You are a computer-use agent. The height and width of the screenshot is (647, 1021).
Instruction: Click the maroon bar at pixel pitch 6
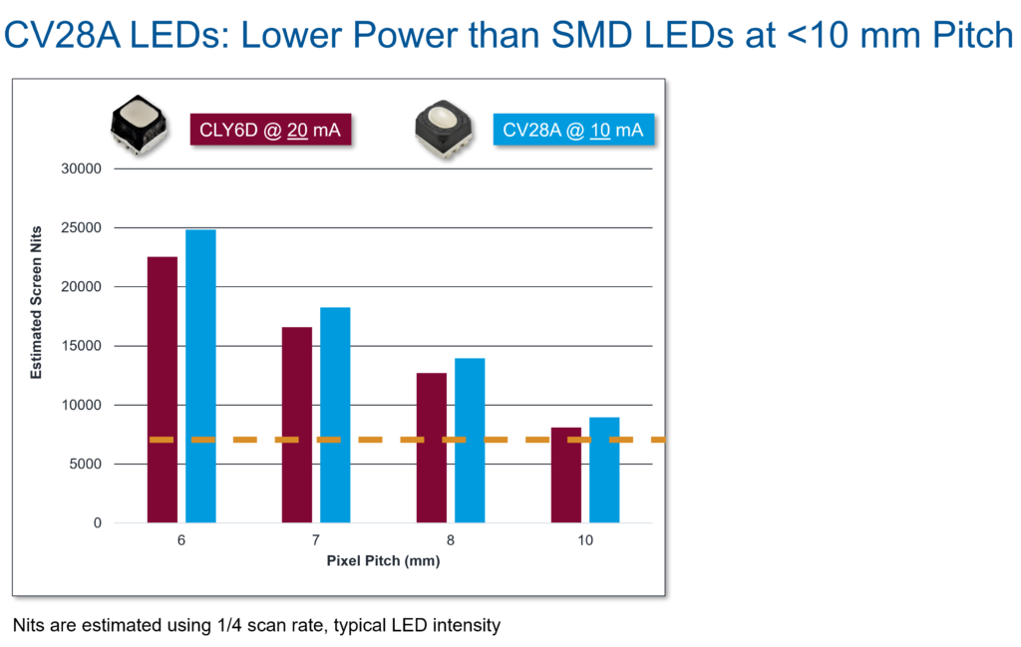(163, 389)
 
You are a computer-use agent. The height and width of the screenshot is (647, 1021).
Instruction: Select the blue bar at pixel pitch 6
(200, 375)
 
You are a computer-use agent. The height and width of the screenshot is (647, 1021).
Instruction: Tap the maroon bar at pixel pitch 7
(297, 424)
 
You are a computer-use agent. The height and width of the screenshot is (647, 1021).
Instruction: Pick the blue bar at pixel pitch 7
(335, 415)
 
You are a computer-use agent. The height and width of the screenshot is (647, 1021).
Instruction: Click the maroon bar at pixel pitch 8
(432, 447)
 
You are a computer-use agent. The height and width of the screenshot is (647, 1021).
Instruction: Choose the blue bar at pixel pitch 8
(470, 440)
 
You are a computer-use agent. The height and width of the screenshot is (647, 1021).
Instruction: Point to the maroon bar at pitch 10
(566, 475)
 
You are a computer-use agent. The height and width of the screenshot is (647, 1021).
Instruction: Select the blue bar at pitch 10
(604, 470)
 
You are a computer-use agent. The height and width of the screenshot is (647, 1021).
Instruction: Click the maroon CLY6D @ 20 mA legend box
(270, 130)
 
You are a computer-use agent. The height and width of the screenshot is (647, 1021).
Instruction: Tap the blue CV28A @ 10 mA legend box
(573, 130)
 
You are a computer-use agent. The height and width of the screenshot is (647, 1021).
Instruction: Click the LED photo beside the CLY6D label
(137, 128)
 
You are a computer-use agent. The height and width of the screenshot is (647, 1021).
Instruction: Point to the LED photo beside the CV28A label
(443, 128)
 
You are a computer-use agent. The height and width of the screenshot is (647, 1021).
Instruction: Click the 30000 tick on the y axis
(83, 168)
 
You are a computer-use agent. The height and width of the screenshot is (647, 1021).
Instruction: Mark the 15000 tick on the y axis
(83, 346)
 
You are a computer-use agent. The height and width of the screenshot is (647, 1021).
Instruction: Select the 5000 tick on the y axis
(86, 464)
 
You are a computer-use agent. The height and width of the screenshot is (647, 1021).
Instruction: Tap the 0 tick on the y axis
(98, 522)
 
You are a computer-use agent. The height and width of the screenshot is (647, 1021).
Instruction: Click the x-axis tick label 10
(585, 541)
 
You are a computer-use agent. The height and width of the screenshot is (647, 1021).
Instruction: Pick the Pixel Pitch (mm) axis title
(383, 561)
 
